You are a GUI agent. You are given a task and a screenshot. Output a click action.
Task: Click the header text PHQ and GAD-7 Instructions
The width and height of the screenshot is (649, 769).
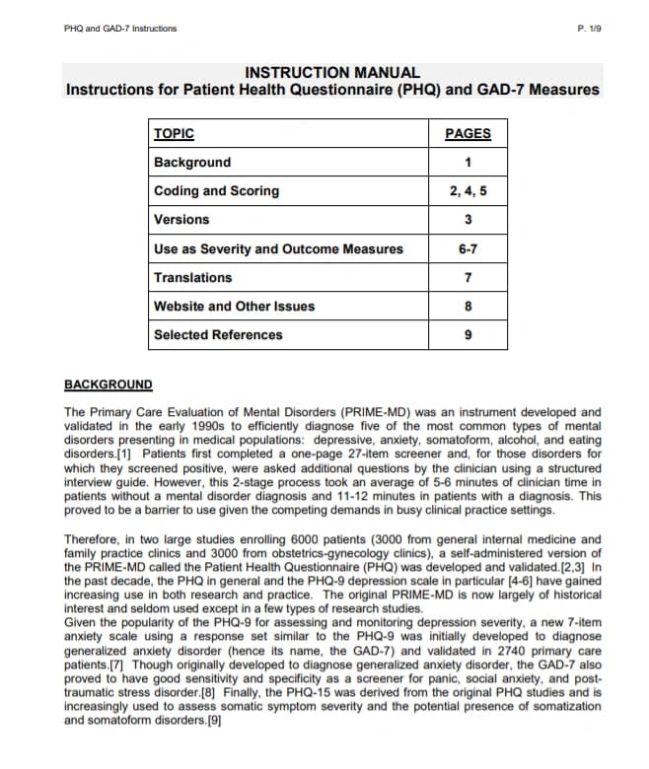click(119, 28)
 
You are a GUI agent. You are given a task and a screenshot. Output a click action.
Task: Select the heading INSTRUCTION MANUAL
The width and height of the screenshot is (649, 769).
click(331, 72)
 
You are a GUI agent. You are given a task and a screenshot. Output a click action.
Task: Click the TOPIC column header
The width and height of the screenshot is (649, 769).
click(175, 134)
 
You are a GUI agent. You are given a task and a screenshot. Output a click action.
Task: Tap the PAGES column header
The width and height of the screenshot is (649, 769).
click(468, 134)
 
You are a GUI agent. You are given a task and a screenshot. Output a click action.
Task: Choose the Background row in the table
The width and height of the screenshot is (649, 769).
click(192, 163)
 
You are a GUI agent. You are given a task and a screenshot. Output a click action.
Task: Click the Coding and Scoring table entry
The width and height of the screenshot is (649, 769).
click(216, 191)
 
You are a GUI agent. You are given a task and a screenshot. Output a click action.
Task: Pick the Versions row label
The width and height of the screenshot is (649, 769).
click(181, 220)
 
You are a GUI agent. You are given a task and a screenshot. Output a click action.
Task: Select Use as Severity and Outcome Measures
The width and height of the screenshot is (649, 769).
click(278, 248)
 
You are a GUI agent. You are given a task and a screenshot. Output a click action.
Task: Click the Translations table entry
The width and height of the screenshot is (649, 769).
click(193, 278)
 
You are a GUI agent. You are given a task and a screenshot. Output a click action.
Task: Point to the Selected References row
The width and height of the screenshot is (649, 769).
click(218, 335)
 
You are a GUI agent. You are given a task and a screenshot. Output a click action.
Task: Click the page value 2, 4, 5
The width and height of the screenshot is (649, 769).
click(468, 191)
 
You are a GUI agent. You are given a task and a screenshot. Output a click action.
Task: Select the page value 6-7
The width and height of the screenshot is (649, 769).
click(468, 248)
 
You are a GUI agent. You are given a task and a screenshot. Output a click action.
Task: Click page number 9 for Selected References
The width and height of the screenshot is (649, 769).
click(468, 335)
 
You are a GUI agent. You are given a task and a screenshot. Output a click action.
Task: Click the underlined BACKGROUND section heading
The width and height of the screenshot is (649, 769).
click(108, 384)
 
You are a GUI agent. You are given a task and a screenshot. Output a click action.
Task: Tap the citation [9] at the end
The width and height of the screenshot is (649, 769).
click(212, 721)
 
